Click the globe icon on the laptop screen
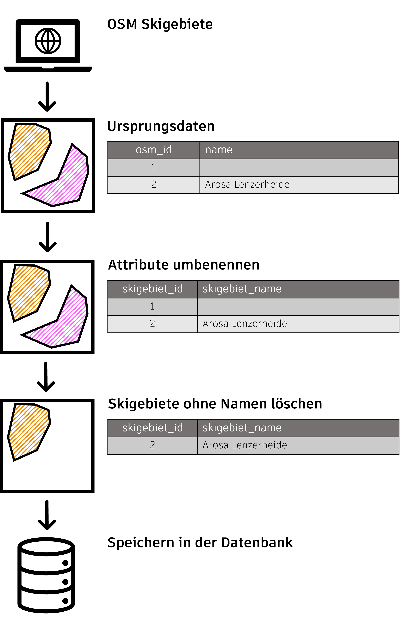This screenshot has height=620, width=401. tap(48, 41)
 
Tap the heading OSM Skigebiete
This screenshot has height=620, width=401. tap(160, 24)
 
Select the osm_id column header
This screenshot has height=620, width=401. tap(154, 150)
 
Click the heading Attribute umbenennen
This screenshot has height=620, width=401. tap(184, 265)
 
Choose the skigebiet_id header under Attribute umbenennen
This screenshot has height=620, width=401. tap(153, 289)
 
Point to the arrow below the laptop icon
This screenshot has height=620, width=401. tap(47, 97)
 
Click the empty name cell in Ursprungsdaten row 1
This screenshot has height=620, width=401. tap(299, 167)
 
